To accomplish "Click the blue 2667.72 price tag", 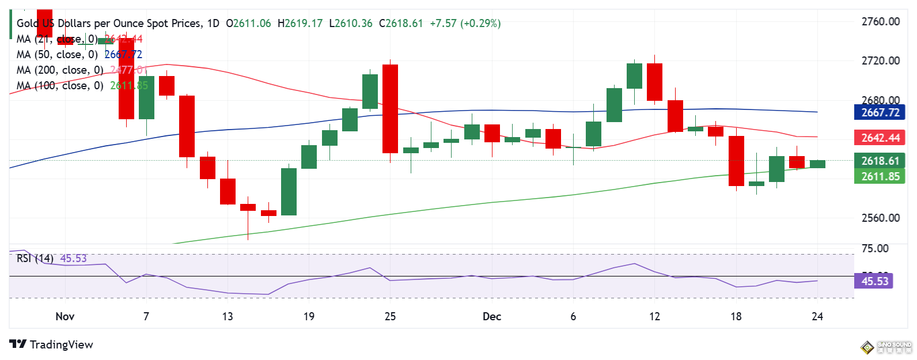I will coord(880,112).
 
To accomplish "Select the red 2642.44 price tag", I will coord(880,138).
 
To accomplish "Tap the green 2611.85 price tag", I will coord(880,176).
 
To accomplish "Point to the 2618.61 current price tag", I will coord(880,161).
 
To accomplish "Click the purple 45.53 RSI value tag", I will coord(874,281).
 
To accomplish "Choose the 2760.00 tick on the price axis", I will coord(880,22).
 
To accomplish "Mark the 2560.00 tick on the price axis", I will coord(880,218).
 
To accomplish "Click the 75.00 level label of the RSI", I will coord(874,248).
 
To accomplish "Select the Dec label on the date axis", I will coord(491,316).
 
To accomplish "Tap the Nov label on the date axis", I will coord(65,316).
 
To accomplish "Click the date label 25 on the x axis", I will coord(390,316).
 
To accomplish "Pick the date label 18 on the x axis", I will coord(736,316).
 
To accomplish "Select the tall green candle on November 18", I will coord(289,191).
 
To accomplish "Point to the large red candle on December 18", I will coord(736,161).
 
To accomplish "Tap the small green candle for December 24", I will coord(817,164).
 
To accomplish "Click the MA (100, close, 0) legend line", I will coord(60,86).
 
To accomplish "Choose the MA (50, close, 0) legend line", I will coord(57,55).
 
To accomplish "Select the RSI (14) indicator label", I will coord(35,259).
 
